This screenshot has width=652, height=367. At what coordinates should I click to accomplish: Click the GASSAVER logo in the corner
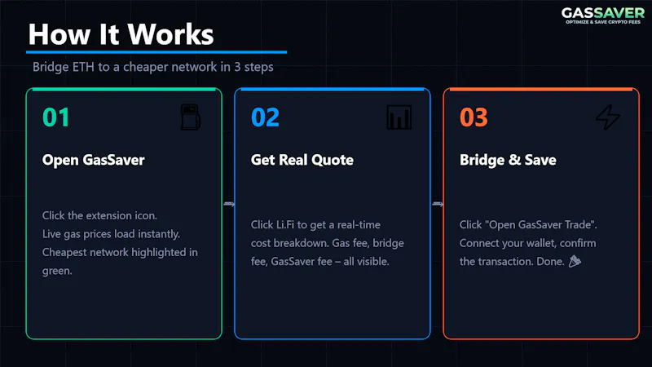point(602,15)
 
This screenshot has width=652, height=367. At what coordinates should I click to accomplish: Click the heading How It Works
point(121,34)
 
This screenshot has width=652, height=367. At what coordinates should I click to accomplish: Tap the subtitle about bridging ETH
point(153,67)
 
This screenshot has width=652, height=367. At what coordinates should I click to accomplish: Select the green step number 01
point(55,117)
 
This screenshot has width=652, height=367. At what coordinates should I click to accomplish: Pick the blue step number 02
point(266,117)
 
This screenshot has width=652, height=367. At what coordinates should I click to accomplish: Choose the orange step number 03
point(474,117)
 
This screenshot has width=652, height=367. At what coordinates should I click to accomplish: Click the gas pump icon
point(191,117)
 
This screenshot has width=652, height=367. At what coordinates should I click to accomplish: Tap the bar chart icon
point(399,117)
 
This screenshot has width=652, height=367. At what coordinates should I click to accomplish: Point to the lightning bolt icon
point(608,117)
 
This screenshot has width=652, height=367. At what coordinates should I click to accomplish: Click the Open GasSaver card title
point(93,160)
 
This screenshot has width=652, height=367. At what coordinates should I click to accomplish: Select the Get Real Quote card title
point(302,160)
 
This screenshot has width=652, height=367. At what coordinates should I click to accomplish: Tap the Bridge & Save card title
point(508,160)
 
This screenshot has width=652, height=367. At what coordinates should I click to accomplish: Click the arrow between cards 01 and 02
point(229,204)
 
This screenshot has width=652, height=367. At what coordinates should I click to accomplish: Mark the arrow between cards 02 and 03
point(438,204)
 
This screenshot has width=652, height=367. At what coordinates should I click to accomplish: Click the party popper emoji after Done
point(575,261)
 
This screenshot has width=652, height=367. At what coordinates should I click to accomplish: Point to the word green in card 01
point(57,271)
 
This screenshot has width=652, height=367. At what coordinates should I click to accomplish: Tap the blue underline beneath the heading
point(156,52)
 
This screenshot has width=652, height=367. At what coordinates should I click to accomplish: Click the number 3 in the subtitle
point(237,67)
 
